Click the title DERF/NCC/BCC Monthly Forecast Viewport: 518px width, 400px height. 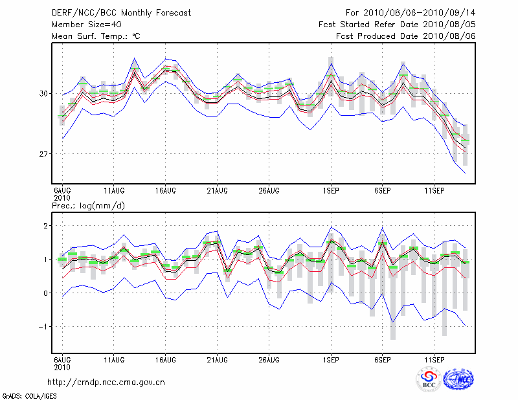121,12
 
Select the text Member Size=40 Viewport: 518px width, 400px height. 85,24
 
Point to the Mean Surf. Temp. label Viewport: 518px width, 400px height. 95,36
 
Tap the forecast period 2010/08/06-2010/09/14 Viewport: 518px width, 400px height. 411,12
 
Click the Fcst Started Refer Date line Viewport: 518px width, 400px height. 397,24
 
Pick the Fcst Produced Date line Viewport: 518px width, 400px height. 405,36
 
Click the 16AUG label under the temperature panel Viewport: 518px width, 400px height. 165,190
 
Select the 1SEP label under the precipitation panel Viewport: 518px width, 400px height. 331,359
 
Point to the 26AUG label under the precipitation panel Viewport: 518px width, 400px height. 269,359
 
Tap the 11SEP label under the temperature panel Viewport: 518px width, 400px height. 434,190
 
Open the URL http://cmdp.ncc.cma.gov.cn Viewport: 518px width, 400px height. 106,382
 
